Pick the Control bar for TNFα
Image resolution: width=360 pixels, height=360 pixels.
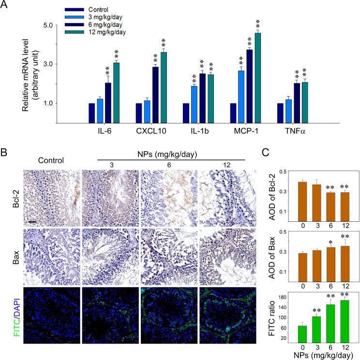coord(280,114)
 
